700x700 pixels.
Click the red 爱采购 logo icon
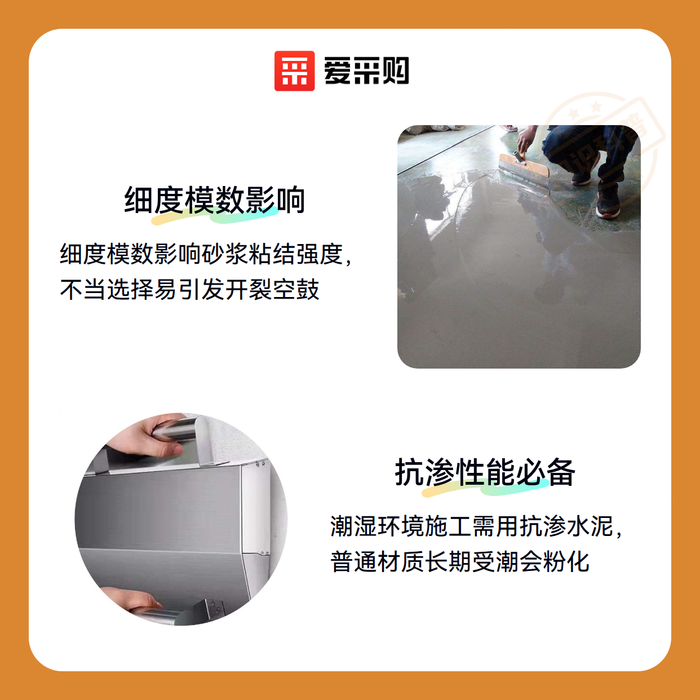pyautogui.click(x=294, y=71)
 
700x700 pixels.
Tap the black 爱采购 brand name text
pyautogui.click(x=366, y=70)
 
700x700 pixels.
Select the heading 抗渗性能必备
pyautogui.click(x=485, y=472)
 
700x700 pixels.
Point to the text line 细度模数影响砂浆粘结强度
pyautogui.click(x=201, y=254)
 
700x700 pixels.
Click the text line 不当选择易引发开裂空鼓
pyautogui.click(x=189, y=290)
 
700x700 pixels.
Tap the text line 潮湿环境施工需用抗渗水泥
pyautogui.click(x=472, y=526)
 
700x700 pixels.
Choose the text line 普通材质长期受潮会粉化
pyautogui.click(x=459, y=561)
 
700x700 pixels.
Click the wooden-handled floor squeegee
pyautogui.click(x=524, y=165)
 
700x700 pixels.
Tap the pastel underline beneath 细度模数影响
pyautogui.click(x=214, y=216)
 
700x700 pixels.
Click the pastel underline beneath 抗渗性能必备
pyautogui.click(x=485, y=488)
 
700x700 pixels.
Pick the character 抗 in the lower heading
pyautogui.click(x=410, y=472)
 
